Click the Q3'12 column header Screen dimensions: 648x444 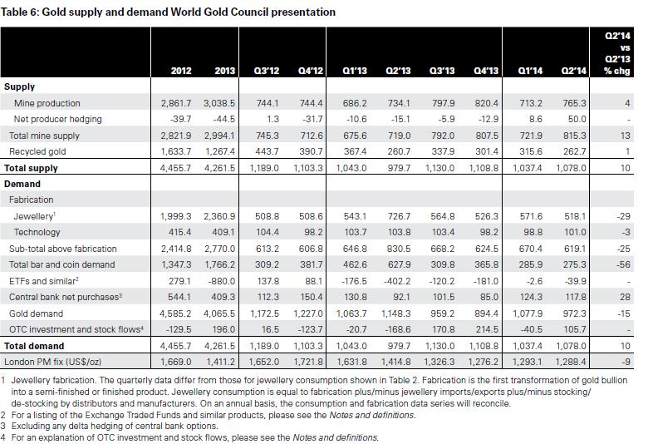(267, 71)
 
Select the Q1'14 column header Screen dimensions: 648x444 (530, 71)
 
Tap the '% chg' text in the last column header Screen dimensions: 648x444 (616, 71)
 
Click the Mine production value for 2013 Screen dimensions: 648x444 (219, 103)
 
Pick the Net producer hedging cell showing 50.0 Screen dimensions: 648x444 (577, 119)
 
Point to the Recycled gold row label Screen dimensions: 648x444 (37, 151)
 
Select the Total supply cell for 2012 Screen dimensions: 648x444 (175, 168)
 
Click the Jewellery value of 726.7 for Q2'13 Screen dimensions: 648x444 (399, 216)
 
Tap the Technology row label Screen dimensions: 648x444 (37, 232)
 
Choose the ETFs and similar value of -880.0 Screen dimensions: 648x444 (222, 281)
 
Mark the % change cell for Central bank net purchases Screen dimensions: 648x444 (625, 297)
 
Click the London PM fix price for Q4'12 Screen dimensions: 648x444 (308, 362)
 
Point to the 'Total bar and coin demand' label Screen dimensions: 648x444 (62, 264)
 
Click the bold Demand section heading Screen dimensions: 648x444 (22, 184)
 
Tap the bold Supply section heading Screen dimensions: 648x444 (19, 87)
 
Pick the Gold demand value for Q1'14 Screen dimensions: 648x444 (528, 313)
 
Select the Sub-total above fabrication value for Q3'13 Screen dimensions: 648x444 (443, 249)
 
